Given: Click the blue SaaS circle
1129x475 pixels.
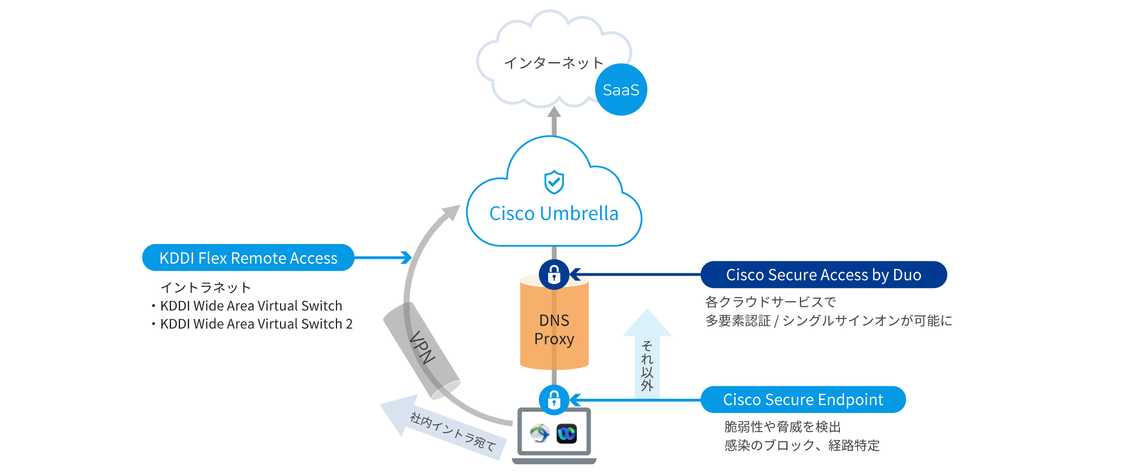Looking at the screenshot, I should point(621,90).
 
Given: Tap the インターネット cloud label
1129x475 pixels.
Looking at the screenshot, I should point(554,63).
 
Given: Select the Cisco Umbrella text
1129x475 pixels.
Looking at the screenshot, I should point(554,213).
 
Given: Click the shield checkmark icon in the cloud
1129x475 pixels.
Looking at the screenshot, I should point(554,182).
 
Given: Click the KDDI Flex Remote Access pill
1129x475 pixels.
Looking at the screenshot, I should point(248,258).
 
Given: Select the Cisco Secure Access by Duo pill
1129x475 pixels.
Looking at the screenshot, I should point(824,275).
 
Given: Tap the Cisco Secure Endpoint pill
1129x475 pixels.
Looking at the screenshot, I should point(803,400).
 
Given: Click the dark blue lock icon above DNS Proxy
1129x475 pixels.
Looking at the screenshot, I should point(554,274).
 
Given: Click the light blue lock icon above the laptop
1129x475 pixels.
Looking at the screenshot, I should point(554,399).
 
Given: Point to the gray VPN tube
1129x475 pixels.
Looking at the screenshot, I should point(421,349).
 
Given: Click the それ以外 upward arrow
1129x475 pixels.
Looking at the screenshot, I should point(647,356).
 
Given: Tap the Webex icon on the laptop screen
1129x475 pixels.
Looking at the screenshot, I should point(566,433).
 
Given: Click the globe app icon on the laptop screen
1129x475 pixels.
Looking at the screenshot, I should point(540,433).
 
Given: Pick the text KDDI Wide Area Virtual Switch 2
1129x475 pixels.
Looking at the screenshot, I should point(256,324).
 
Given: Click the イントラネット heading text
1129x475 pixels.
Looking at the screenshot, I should point(205,287).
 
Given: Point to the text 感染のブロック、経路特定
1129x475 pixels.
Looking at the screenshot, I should point(802,446).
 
